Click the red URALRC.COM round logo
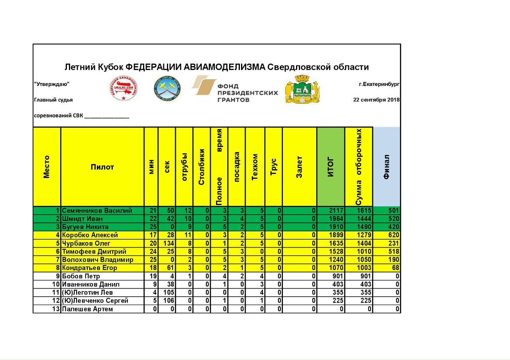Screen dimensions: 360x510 (124, 89)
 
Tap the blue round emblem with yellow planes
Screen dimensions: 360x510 (167, 88)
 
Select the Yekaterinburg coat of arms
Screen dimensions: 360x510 (302, 89)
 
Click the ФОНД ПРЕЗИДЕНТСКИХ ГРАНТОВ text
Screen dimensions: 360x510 (247, 93)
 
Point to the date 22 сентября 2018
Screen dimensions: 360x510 (376, 100)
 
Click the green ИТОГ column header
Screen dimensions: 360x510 (331, 167)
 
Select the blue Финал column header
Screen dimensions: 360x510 (386, 167)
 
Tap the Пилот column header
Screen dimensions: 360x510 (102, 167)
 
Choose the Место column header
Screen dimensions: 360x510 (47, 167)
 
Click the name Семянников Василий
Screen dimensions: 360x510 (97, 211)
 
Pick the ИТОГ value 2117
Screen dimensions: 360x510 (336, 211)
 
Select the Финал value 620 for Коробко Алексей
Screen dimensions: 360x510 (393, 235)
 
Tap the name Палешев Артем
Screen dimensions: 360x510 (87, 309)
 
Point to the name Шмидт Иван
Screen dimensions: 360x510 (82, 219)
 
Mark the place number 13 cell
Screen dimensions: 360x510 (55, 309)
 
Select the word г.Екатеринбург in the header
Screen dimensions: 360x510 (379, 84)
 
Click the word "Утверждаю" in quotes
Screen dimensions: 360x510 (52, 84)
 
